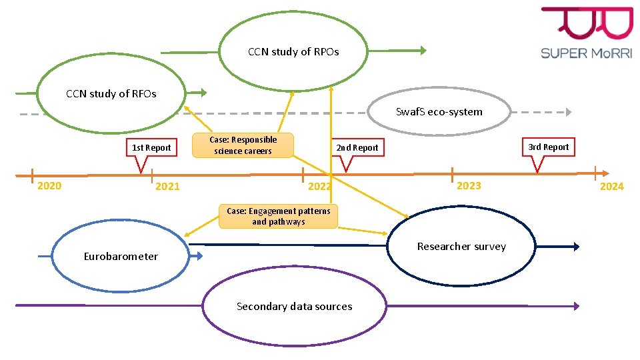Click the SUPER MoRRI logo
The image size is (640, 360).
[587, 33]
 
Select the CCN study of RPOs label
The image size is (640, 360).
[293, 51]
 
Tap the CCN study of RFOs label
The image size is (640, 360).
[111, 94]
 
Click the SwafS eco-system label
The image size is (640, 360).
[439, 111]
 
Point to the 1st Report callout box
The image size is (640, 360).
[151, 147]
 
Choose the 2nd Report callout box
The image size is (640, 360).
[357, 147]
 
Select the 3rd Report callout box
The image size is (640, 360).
[548, 147]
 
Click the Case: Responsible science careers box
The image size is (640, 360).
[243, 145]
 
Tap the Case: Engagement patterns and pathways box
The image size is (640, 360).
[278, 216]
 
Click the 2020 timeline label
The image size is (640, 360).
[49, 186]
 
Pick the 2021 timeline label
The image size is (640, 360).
[167, 187]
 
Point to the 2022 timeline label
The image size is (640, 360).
[319, 187]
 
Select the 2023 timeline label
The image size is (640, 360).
[469, 185]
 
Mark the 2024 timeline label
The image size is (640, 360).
[611, 187]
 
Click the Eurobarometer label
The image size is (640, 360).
[121, 257]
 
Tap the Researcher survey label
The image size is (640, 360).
[461, 247]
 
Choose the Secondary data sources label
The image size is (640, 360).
[294, 307]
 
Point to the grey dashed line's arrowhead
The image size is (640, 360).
[567, 112]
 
